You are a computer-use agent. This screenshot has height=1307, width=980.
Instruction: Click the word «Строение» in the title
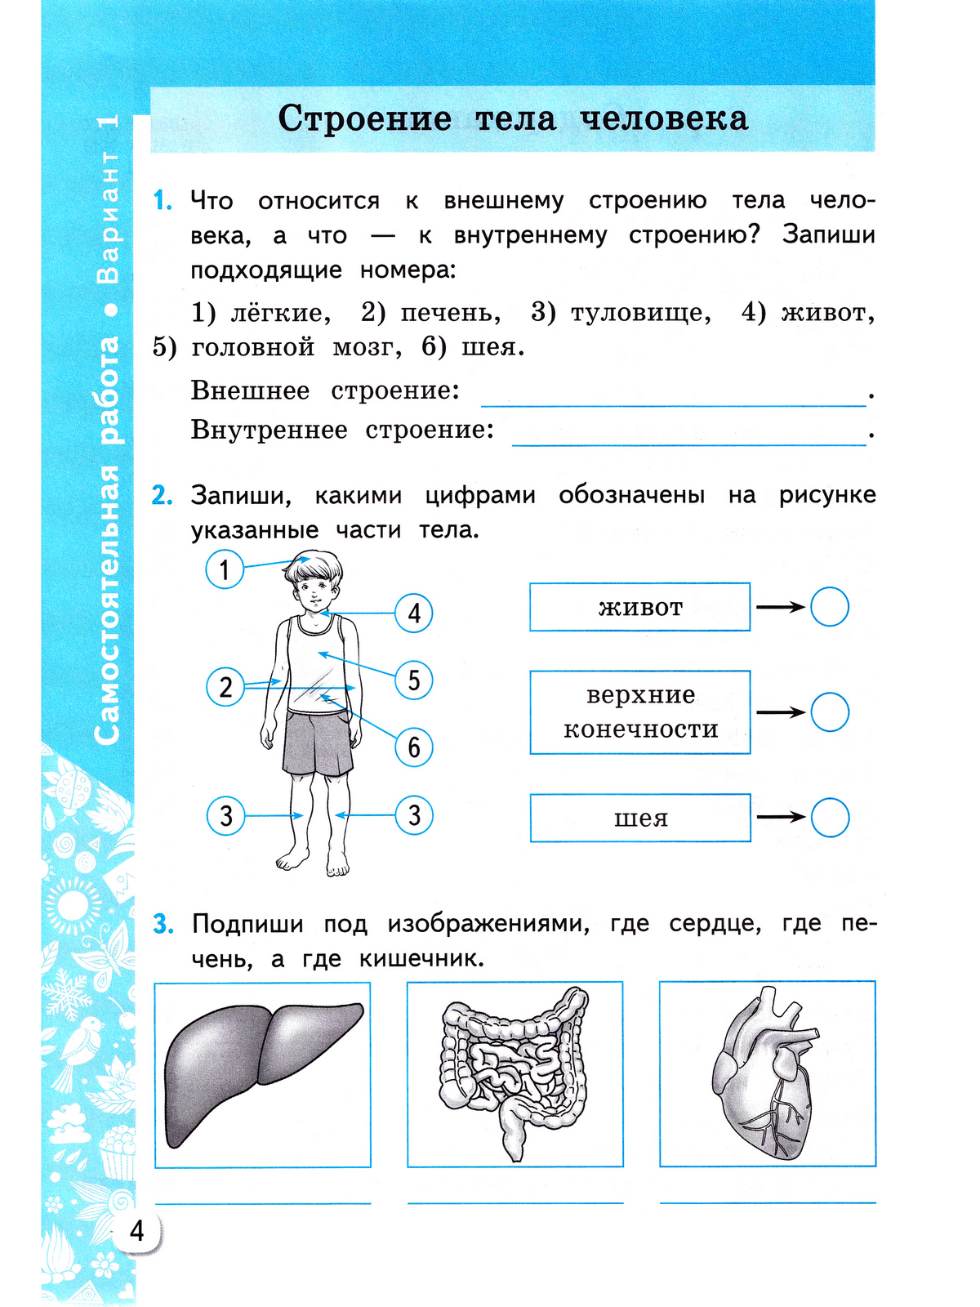click(364, 119)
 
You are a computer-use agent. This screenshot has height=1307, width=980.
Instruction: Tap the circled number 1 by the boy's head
click(225, 569)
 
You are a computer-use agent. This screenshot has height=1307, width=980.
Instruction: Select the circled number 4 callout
click(414, 613)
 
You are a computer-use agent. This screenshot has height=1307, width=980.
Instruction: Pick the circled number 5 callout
click(414, 680)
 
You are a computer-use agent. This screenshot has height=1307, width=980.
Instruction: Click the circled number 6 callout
click(414, 747)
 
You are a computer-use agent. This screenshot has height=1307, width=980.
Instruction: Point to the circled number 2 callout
click(225, 687)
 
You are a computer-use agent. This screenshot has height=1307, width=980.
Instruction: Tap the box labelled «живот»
click(639, 607)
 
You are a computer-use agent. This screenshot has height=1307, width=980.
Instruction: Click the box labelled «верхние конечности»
click(639, 711)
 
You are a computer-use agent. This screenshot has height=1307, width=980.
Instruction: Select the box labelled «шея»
click(639, 818)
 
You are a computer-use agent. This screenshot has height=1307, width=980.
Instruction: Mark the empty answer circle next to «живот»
click(830, 607)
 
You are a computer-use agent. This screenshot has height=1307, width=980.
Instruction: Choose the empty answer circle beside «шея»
click(830, 818)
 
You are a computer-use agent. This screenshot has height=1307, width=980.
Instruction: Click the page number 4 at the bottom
click(137, 1230)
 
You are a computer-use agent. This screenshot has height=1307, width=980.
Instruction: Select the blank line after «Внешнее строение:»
click(673, 398)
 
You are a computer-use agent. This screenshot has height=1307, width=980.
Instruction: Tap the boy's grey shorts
click(318, 743)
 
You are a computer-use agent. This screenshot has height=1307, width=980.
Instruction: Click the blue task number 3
click(163, 925)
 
